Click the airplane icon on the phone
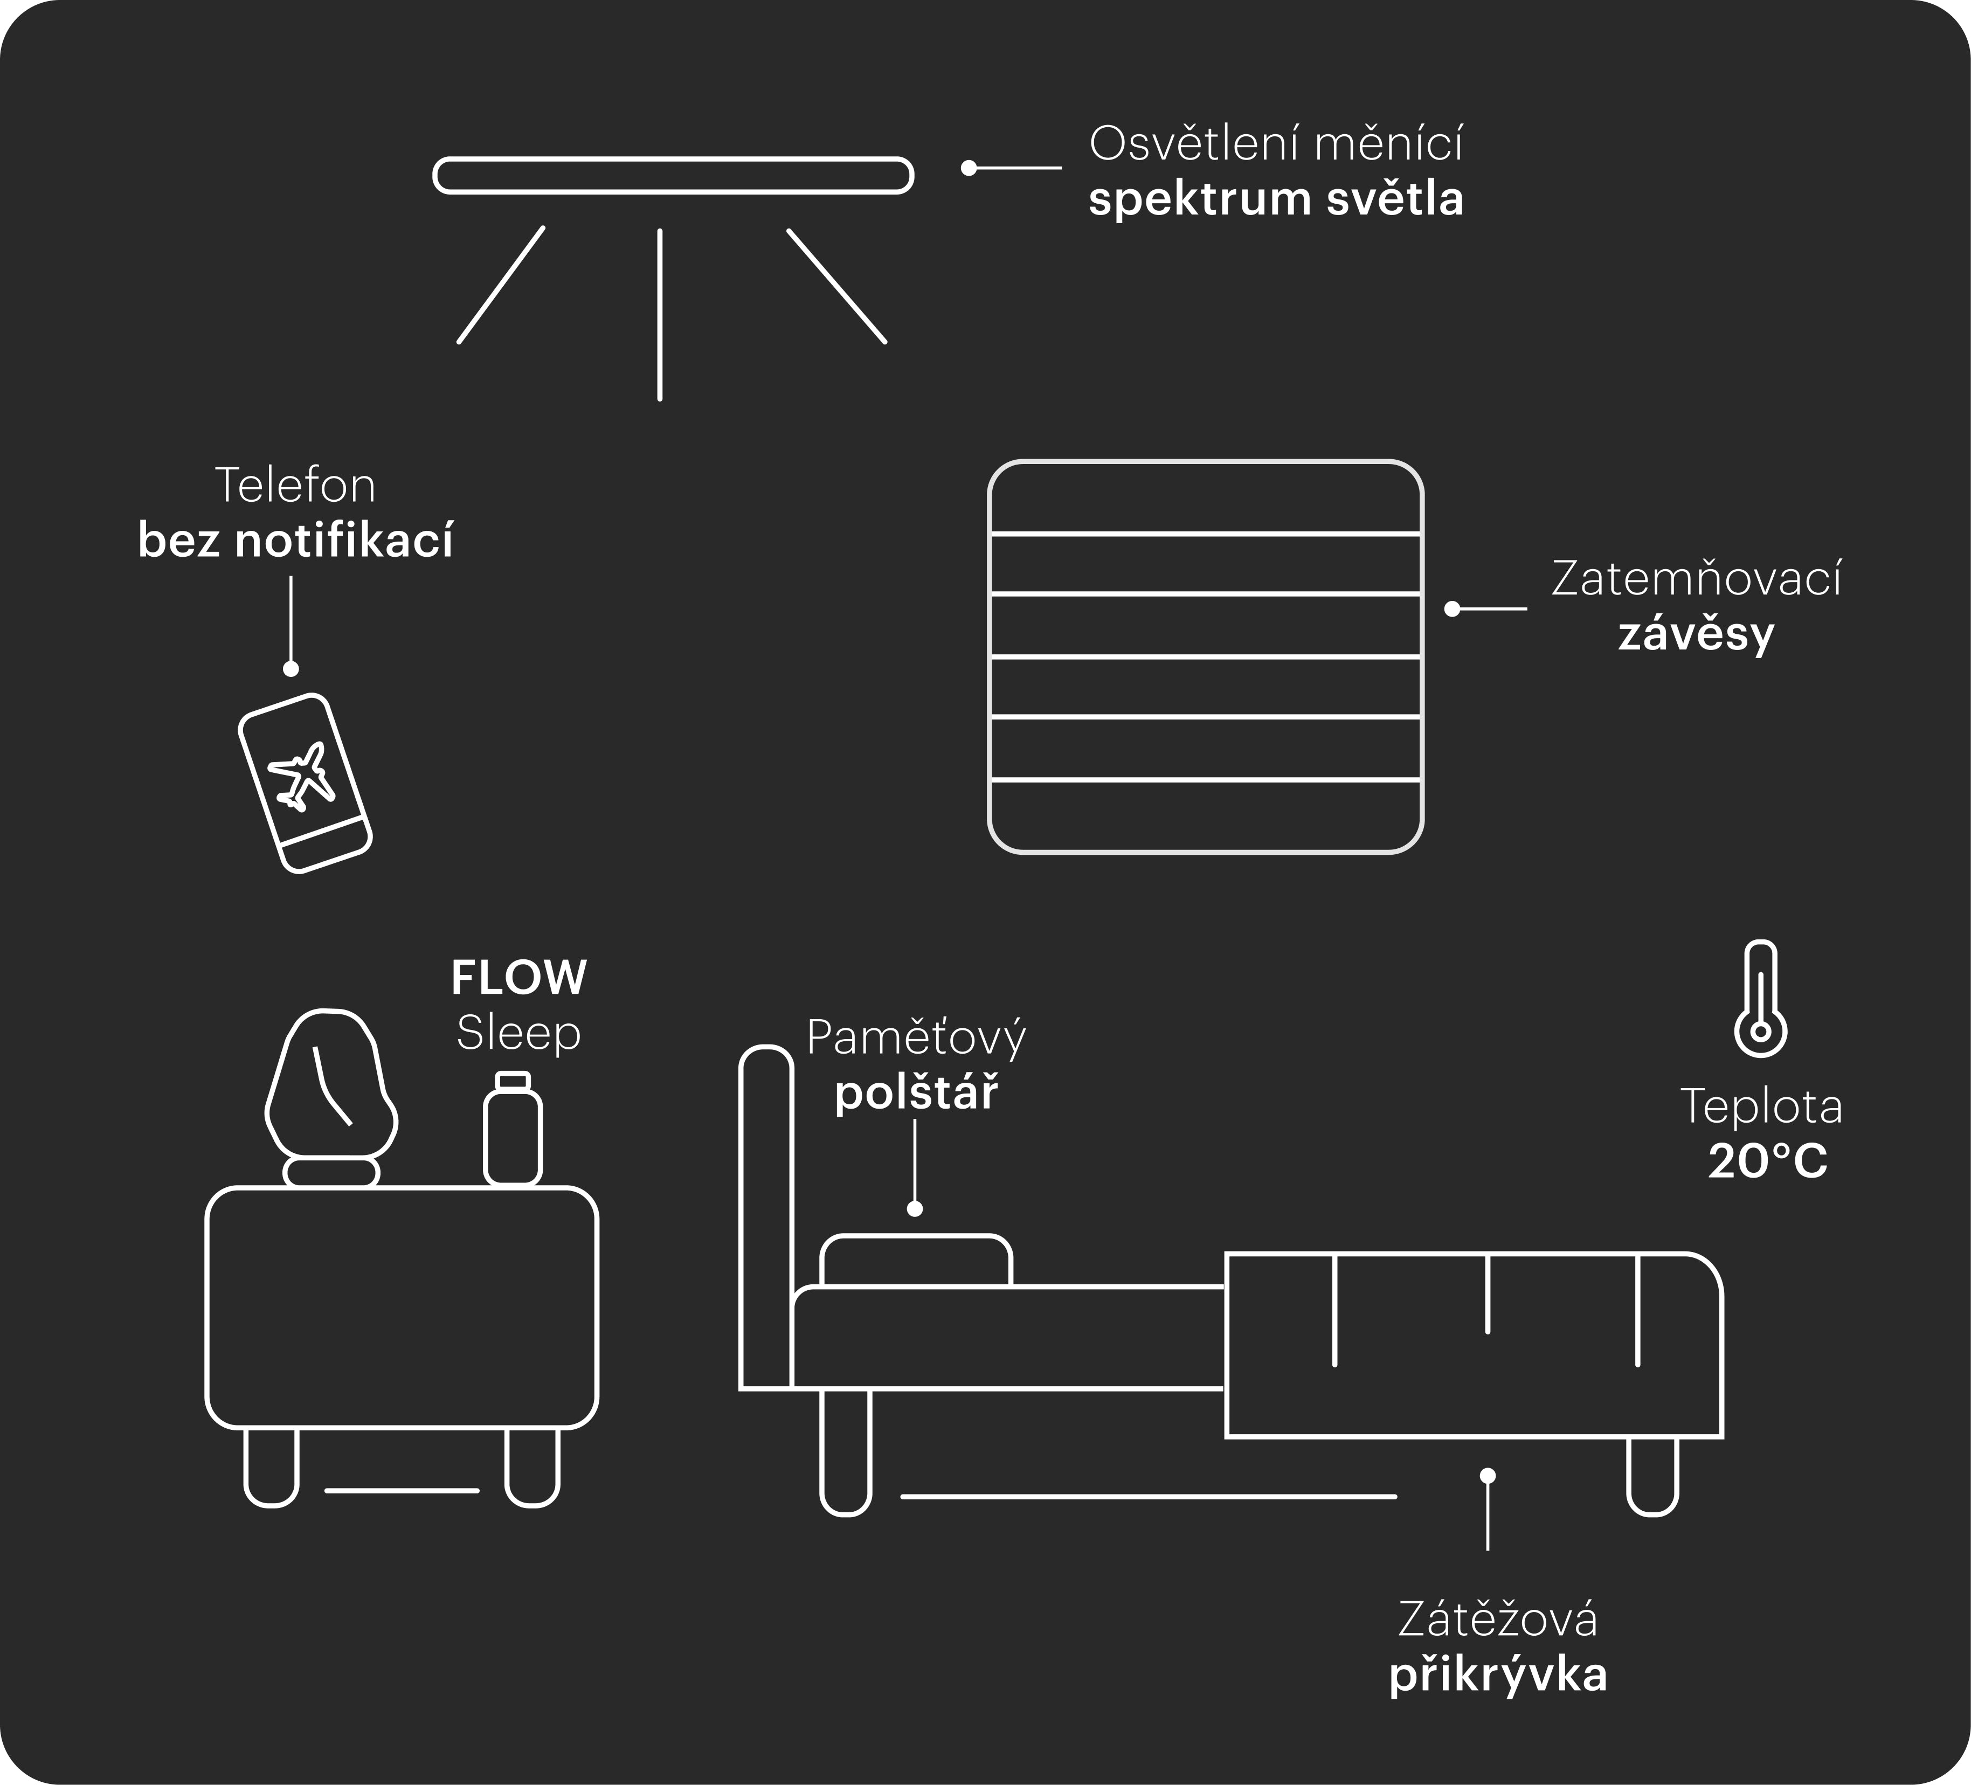tap(302, 776)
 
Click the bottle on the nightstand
tap(513, 1129)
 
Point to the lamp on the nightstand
tap(331, 1097)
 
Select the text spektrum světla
tap(1276, 199)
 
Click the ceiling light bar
tap(673, 176)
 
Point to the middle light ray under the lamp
tap(660, 315)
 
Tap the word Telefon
tap(295, 485)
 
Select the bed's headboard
tap(765, 1217)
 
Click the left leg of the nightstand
tap(271, 1466)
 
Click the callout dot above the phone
tap(291, 669)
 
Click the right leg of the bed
tap(1652, 1476)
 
